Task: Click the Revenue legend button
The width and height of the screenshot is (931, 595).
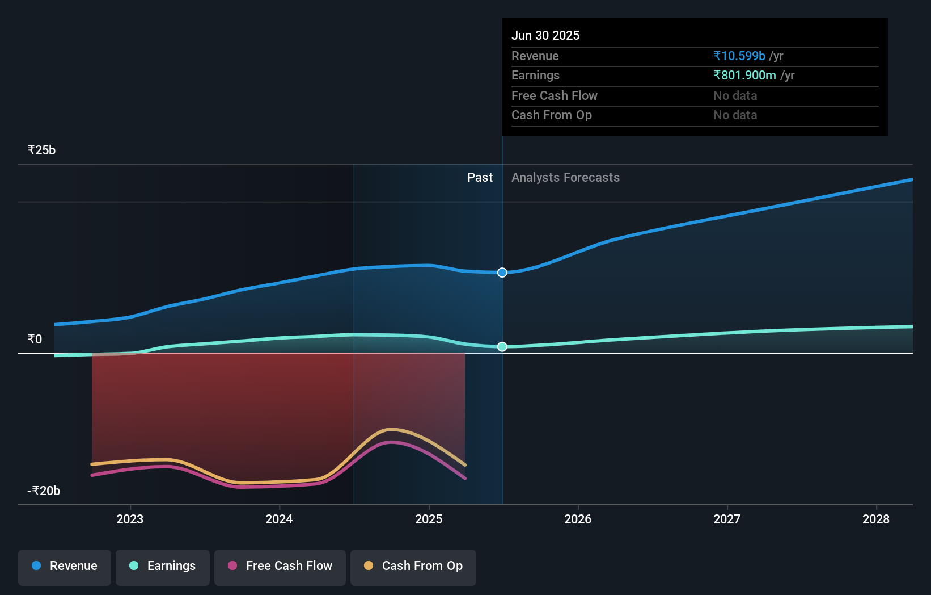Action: [65, 567]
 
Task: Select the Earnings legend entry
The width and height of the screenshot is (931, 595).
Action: [163, 567]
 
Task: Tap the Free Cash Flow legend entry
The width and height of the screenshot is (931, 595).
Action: [280, 567]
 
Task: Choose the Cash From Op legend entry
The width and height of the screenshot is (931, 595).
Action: [413, 567]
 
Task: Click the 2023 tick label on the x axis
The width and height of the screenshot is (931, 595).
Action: [130, 519]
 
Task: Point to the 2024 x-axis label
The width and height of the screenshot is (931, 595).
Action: [279, 519]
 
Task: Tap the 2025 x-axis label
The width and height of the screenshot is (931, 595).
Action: [429, 519]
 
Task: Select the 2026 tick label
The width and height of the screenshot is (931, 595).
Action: [578, 519]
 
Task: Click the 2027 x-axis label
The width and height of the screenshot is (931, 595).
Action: [727, 519]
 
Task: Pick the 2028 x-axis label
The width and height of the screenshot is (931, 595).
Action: [876, 519]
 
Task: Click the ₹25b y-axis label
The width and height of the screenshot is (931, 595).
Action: [42, 150]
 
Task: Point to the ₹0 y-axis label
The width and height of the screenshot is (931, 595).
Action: [35, 340]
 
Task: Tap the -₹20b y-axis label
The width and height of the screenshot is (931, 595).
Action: [44, 491]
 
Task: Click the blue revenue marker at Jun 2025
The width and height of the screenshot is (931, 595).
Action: [502, 273]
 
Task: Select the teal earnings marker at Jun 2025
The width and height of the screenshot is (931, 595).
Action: [502, 346]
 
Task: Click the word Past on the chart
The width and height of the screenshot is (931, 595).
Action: [480, 178]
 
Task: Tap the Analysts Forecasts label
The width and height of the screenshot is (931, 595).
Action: [565, 178]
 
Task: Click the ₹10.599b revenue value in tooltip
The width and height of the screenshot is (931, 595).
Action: [739, 56]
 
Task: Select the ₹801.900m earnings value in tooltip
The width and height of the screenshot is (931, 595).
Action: [744, 76]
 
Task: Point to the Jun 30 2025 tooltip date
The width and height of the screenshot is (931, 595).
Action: [545, 36]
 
